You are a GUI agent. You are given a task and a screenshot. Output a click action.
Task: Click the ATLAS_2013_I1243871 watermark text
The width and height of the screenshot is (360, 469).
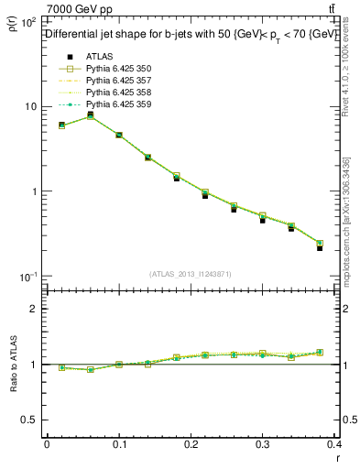coord(191,274)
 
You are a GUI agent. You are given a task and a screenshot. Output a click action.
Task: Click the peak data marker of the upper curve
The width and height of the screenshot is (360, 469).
coord(90,115)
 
